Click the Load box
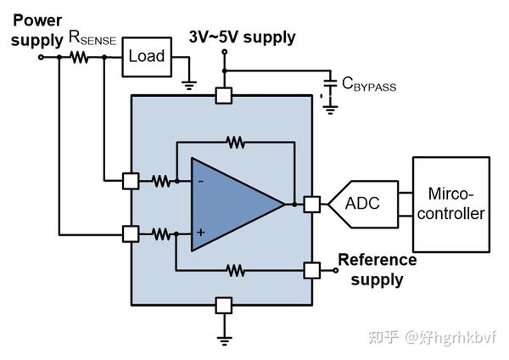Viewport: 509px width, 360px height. coord(147,57)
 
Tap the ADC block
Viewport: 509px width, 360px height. coord(363,204)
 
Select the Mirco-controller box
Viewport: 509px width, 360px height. coord(451,205)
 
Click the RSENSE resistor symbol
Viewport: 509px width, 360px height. coord(79,57)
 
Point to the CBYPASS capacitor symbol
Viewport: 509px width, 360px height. coord(331,83)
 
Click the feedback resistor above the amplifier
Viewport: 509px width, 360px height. coord(235,143)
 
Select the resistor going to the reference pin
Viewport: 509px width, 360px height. coord(235,270)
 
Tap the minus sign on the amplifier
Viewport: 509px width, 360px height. coord(200,181)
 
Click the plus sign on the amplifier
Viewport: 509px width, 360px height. coord(200,232)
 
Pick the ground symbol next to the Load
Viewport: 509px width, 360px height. coord(189,85)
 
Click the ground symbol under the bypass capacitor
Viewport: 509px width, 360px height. coord(330,110)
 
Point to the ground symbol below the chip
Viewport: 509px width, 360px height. coord(224,340)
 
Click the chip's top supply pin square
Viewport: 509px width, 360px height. coord(224,96)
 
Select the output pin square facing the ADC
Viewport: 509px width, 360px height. coord(312,205)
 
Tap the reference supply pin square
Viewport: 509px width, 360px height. coord(312,270)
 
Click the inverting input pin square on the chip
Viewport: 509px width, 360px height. coord(131,181)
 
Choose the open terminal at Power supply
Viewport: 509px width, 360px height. coord(41,57)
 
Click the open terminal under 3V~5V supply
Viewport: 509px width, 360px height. coord(224,52)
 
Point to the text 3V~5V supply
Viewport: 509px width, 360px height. coord(242,37)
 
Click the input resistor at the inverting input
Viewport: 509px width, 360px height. coord(160,181)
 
